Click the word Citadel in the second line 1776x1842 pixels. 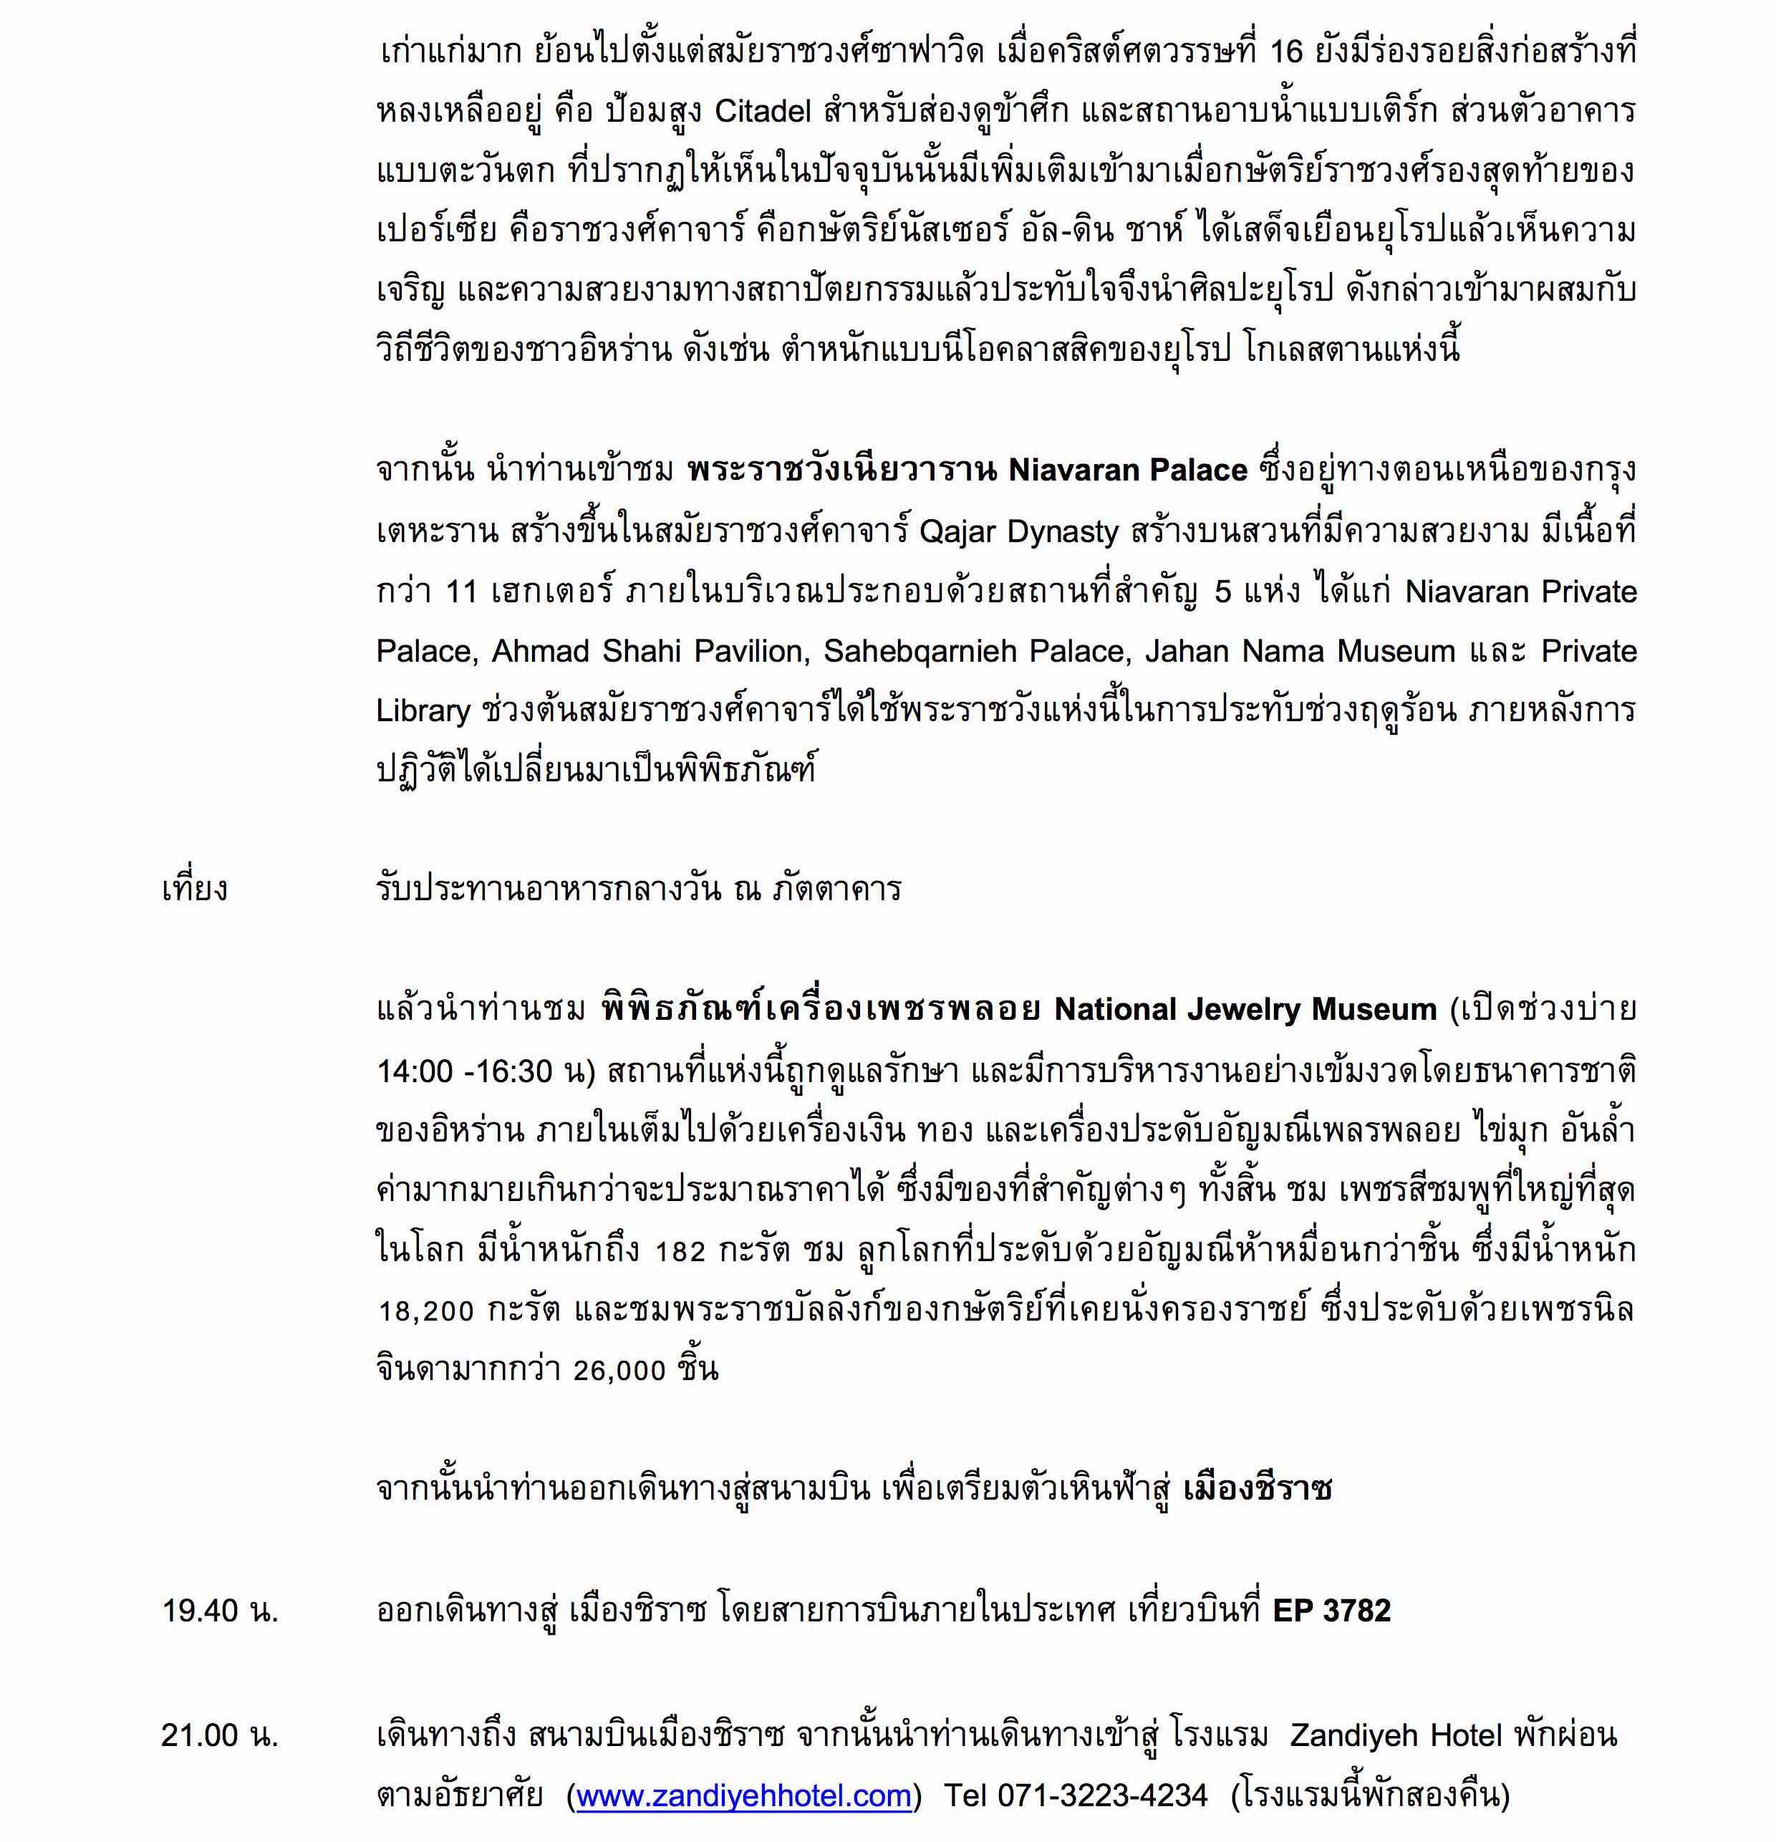tap(762, 112)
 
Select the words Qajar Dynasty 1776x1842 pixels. tap(1018, 532)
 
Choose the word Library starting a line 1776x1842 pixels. tap(423, 710)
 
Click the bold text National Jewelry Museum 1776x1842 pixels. tap(1245, 1009)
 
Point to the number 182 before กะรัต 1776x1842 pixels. tap(680, 1251)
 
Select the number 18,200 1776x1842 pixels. tap(425, 1311)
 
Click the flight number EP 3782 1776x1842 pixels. tap(1331, 1611)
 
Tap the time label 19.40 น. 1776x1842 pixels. tap(220, 1611)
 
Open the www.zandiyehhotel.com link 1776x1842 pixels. tap(743, 1795)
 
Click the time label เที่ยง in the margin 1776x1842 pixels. tap(195, 888)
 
